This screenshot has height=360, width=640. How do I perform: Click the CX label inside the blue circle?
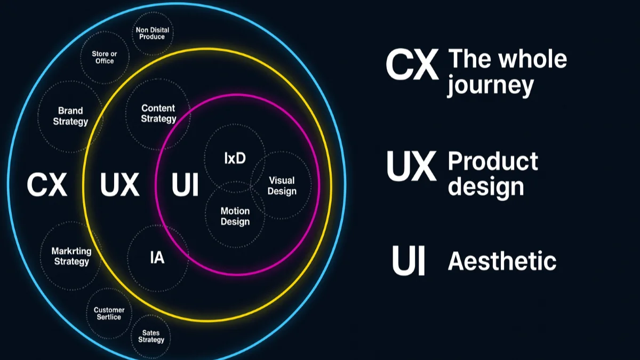(x=47, y=185)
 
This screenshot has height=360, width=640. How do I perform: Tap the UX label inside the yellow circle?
(x=119, y=185)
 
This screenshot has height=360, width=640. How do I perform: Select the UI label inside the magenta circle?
(x=185, y=185)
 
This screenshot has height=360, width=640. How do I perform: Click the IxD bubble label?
(x=235, y=158)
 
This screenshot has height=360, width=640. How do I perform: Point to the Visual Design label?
(x=282, y=186)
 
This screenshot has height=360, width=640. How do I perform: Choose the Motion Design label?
(x=235, y=217)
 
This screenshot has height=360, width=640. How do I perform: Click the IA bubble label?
(x=157, y=258)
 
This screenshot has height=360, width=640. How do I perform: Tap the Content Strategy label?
(x=158, y=114)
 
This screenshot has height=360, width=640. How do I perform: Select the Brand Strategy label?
(x=70, y=116)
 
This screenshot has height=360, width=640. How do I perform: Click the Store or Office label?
(x=105, y=58)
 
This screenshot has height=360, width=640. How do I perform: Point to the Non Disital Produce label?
(x=153, y=34)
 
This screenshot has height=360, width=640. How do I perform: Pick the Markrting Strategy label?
(x=71, y=257)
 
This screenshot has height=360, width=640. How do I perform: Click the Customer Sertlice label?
(x=109, y=314)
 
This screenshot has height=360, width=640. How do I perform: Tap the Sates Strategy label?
(x=151, y=337)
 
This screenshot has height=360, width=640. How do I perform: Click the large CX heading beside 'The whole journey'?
(x=412, y=65)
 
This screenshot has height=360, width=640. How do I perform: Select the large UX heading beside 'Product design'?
(x=412, y=166)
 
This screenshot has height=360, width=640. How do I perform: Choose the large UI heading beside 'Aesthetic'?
(x=409, y=260)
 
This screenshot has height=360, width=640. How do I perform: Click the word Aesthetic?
(x=502, y=261)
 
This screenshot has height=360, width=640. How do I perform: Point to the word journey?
(x=490, y=85)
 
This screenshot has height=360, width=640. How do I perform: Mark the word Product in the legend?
(x=493, y=161)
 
